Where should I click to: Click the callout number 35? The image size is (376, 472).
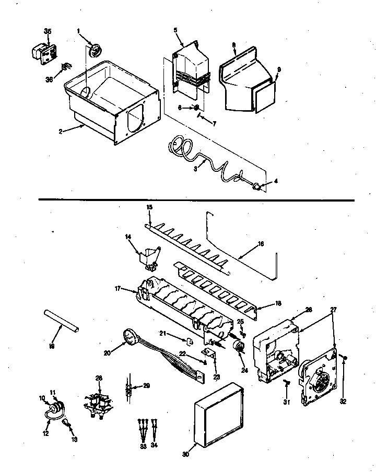[48, 32]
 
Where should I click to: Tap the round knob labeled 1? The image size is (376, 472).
[95, 50]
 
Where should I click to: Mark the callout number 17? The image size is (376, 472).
[118, 288]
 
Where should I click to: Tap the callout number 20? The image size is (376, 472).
[107, 353]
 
